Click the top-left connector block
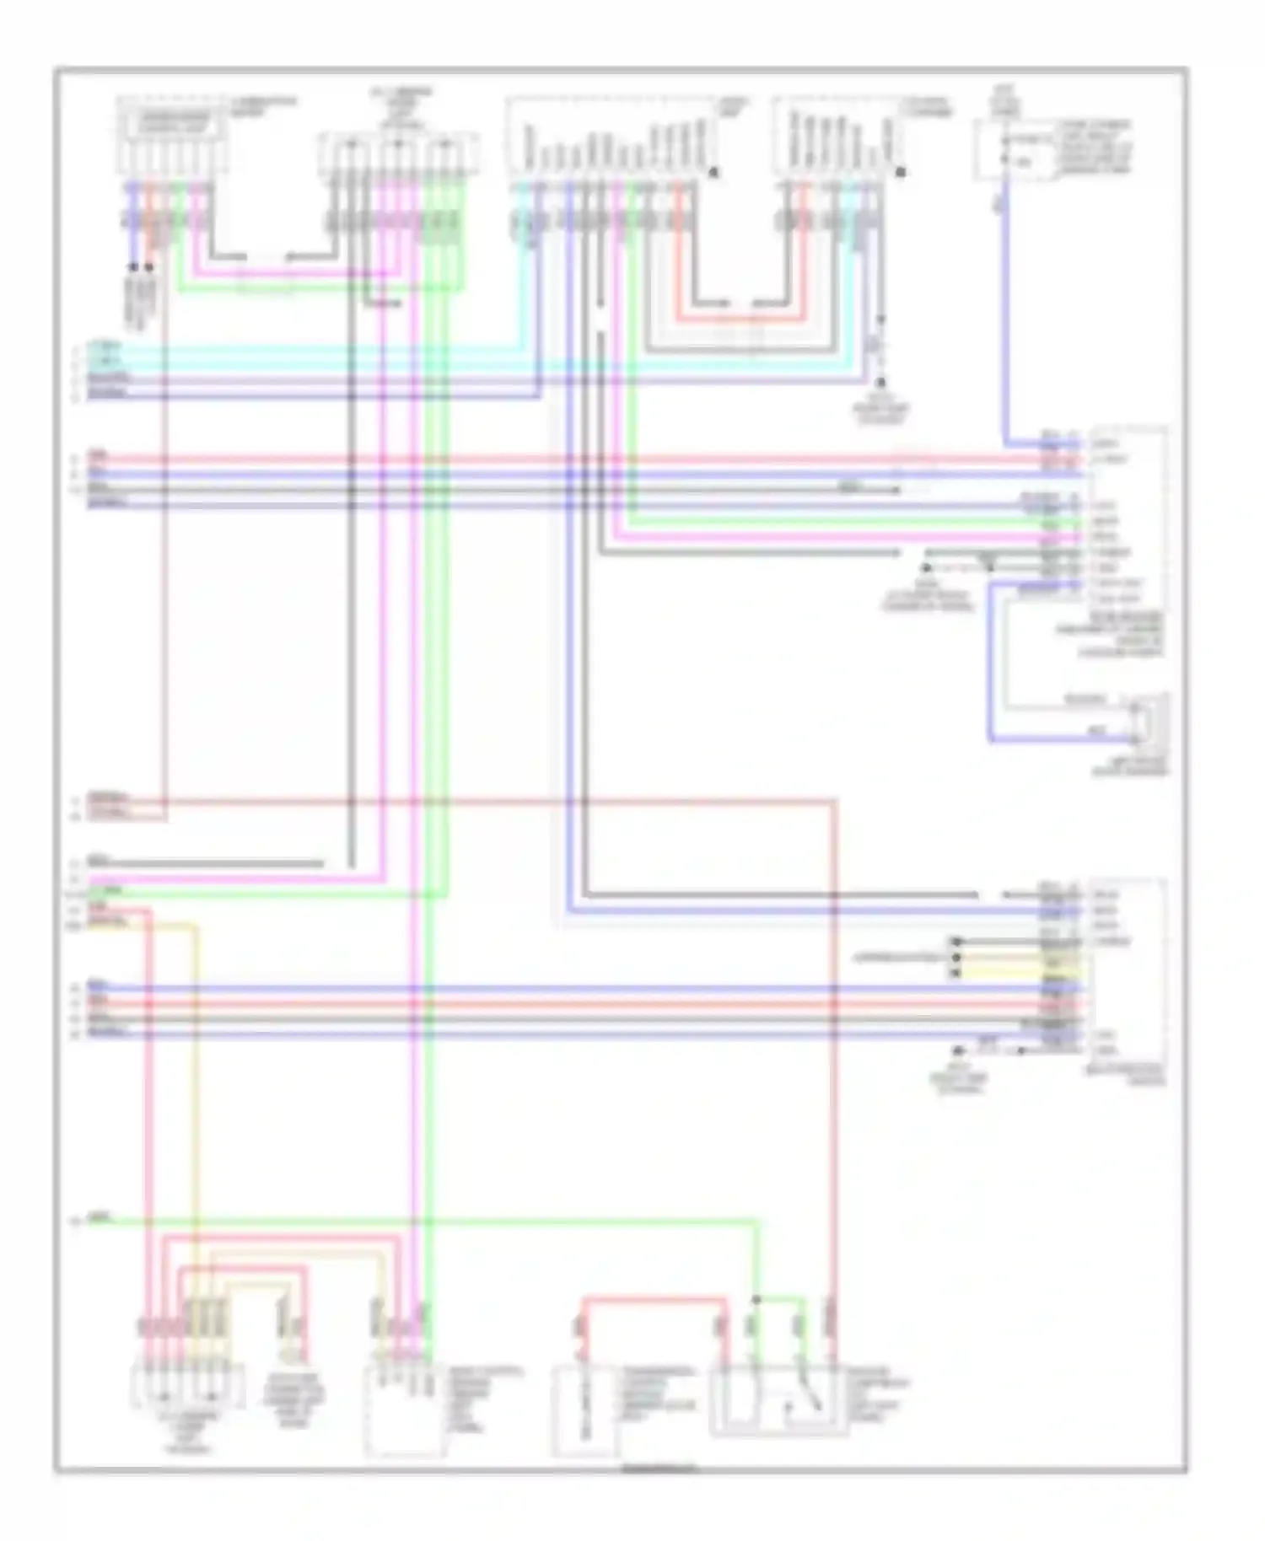172,135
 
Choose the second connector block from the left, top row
399,156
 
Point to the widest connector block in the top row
611,139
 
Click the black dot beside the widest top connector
713,172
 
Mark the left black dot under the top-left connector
133,267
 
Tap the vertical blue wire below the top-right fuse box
1005,320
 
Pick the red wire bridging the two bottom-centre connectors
654,1299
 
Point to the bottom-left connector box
187,1387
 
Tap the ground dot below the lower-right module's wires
958,1051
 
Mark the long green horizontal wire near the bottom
422,1221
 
